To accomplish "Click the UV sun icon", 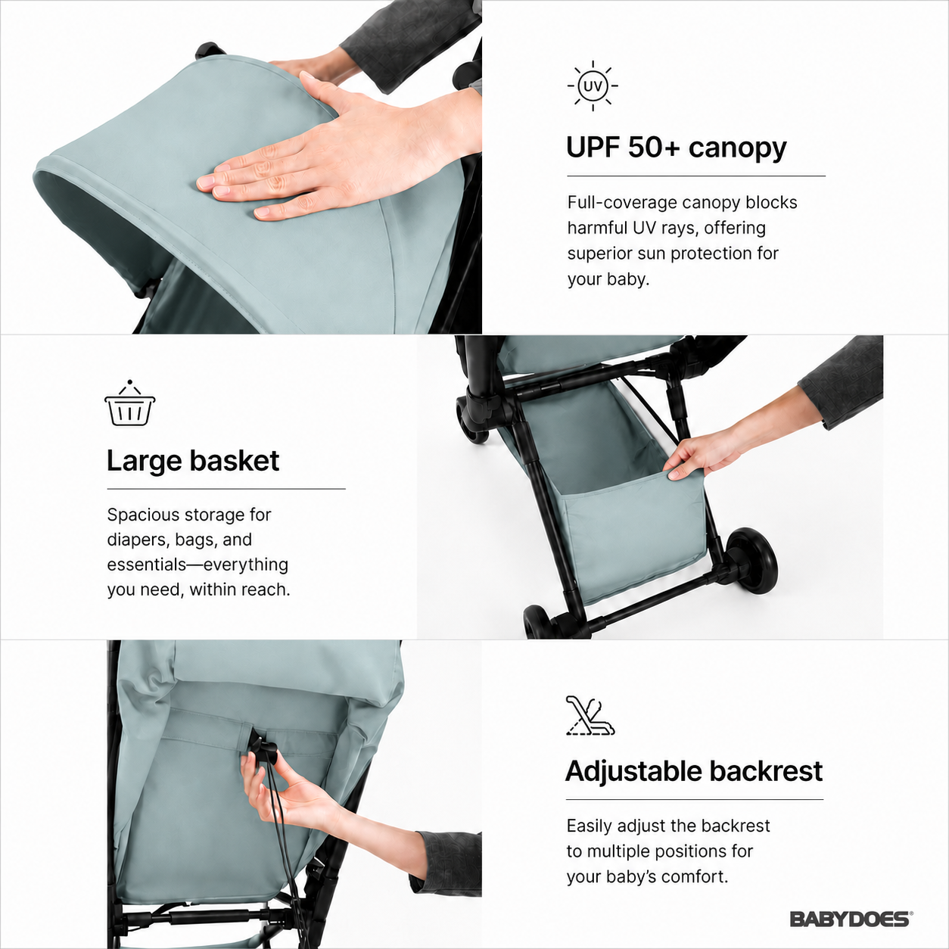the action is point(593,86).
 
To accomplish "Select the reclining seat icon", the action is point(590,716).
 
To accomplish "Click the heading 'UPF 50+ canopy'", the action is point(676,147).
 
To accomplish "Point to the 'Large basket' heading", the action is point(193,460).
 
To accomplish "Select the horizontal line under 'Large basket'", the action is point(226,489).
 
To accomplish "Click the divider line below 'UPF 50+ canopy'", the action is point(696,176).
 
